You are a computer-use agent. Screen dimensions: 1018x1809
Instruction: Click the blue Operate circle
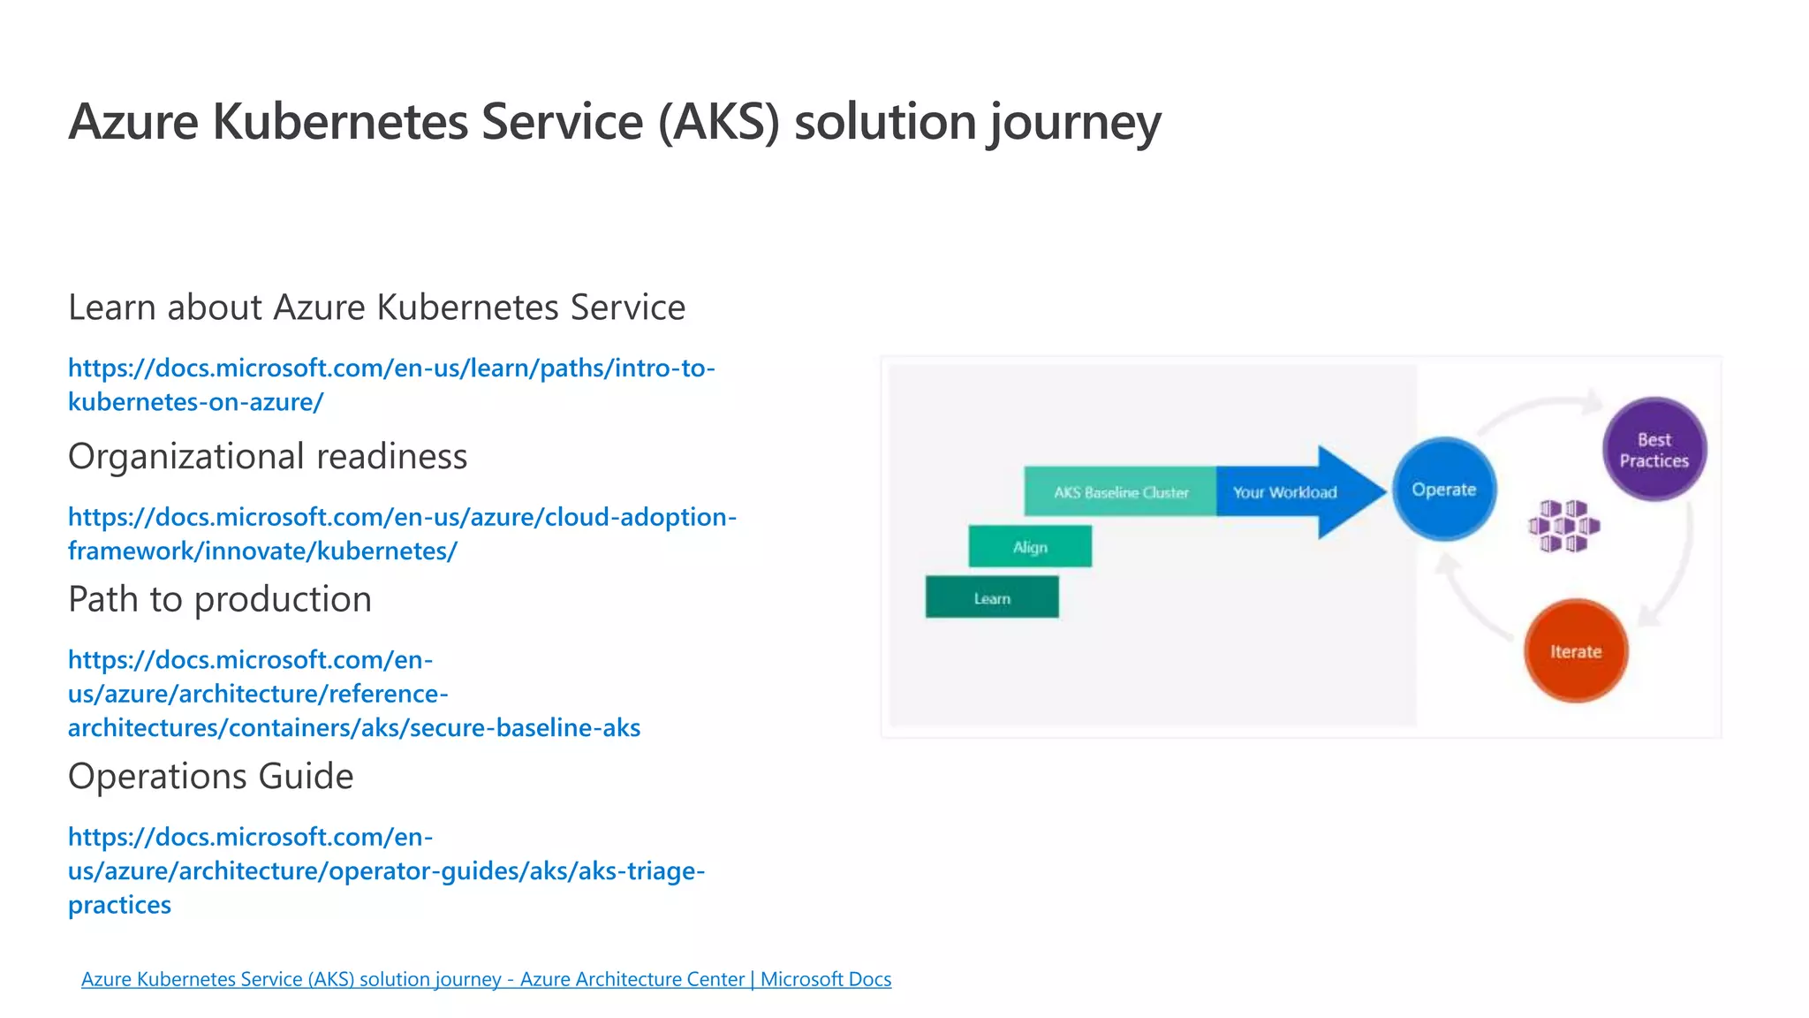[x=1444, y=489]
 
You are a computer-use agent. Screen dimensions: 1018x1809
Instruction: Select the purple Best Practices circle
[x=1654, y=449]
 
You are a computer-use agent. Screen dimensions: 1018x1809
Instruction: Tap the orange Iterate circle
[x=1575, y=651]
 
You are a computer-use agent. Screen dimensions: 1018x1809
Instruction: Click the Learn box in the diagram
[x=991, y=597]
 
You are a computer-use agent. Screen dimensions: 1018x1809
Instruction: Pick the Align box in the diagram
[x=1030, y=546]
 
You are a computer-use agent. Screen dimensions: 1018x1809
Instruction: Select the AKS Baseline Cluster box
[x=1120, y=491]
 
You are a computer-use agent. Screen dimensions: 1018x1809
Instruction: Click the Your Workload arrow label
[x=1284, y=492]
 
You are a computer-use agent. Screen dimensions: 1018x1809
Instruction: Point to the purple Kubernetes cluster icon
[x=1563, y=526]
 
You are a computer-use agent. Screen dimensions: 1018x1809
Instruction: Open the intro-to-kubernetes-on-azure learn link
[x=390, y=384]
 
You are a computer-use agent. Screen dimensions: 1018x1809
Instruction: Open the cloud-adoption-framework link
[x=402, y=533]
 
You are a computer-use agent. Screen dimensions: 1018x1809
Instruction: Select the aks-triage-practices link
[x=386, y=870]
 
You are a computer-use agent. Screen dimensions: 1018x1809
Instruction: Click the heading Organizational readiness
[x=268, y=456]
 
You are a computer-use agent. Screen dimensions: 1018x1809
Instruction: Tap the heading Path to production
[x=220, y=599]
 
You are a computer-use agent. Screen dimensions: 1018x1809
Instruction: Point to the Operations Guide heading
[x=210, y=776]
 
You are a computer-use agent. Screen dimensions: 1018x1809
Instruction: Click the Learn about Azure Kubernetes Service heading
[x=376, y=308]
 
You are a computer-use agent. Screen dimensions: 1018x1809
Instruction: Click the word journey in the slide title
[x=1073, y=122]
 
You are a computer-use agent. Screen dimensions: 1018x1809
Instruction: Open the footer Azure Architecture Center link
[x=486, y=979]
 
